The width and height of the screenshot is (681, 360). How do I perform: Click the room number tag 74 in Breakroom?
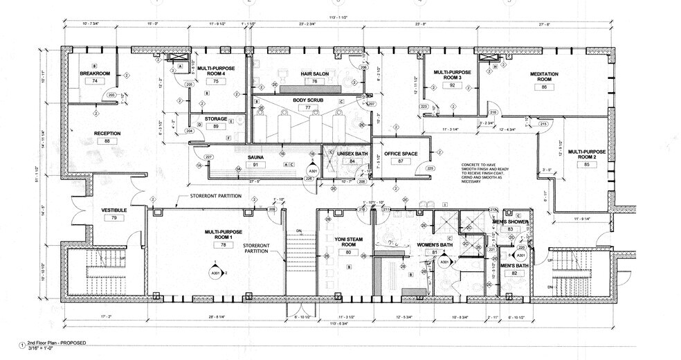click(x=94, y=81)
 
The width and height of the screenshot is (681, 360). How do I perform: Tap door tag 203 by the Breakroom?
click(x=111, y=95)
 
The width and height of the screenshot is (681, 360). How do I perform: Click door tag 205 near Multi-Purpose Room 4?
click(x=189, y=84)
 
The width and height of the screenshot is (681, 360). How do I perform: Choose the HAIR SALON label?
click(x=314, y=73)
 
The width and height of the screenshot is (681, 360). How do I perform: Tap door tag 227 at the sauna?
click(x=208, y=157)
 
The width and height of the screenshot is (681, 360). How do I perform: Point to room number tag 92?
click(x=452, y=86)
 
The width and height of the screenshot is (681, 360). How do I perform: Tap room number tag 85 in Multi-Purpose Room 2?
click(x=586, y=165)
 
